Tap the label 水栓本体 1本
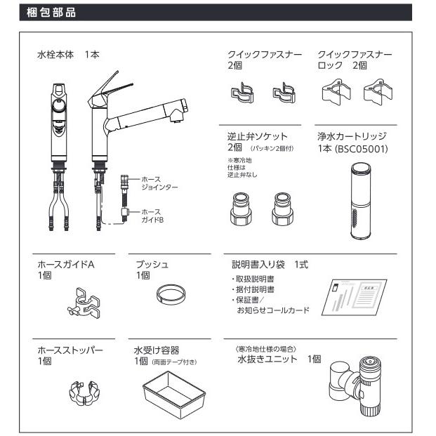(x=69, y=54)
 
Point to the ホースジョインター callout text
(x=157, y=183)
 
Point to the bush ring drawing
(x=170, y=292)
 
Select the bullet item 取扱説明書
(x=253, y=279)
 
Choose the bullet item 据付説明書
(x=253, y=289)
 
